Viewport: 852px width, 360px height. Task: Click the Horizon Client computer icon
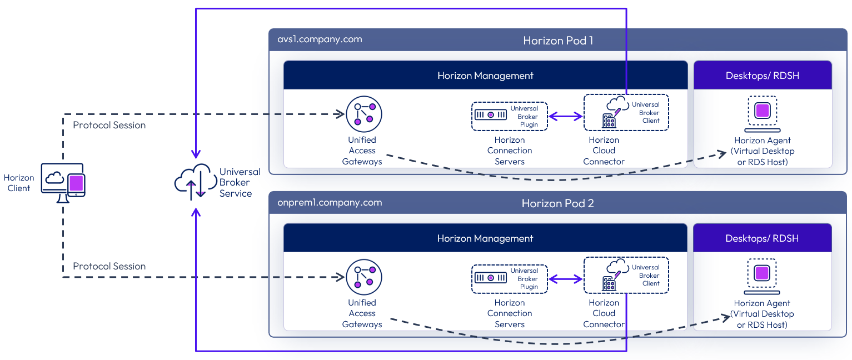[63, 182]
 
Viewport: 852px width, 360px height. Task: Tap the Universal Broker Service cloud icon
[192, 182]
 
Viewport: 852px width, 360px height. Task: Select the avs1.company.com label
[320, 39]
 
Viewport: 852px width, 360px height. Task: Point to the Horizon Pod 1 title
[558, 41]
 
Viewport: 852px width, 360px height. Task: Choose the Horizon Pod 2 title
[557, 203]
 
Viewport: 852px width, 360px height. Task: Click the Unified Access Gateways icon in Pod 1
[364, 114]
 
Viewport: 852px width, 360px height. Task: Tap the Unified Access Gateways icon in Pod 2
[364, 276]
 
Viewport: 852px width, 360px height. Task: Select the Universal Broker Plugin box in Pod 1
[509, 117]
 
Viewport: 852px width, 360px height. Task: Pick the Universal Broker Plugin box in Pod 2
[509, 279]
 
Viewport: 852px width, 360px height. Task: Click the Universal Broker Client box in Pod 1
[626, 113]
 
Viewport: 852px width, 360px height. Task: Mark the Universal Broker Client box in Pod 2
[626, 275]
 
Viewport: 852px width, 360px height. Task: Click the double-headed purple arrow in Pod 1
[566, 117]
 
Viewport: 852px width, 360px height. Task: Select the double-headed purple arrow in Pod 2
[566, 279]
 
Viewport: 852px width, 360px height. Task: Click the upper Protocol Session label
[109, 125]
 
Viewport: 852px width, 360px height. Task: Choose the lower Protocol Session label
[109, 266]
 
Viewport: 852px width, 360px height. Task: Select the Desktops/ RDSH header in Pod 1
[763, 76]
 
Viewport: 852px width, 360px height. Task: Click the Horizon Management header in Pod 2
[485, 238]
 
